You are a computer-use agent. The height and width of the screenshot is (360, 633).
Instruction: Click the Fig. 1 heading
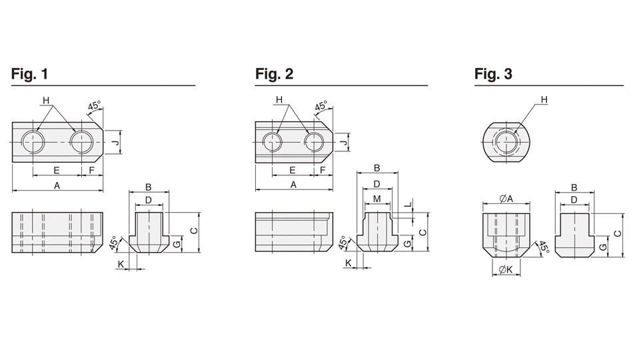(x=29, y=74)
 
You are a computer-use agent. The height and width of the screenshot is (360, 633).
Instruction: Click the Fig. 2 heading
(x=274, y=74)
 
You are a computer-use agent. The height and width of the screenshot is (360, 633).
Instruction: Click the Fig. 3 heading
(x=493, y=74)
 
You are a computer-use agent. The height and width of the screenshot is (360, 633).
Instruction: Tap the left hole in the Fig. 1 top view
(x=33, y=141)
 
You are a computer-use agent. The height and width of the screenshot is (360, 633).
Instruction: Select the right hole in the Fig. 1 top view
(x=82, y=141)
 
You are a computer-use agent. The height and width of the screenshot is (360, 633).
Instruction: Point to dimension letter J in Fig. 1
(x=115, y=142)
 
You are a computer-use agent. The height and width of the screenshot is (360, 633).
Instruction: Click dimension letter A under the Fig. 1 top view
(x=57, y=186)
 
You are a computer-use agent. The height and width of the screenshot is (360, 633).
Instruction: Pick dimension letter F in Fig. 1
(x=91, y=171)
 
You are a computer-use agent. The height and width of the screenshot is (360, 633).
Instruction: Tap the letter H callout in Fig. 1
(x=46, y=101)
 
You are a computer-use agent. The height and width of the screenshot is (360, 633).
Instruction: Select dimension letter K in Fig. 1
(x=121, y=265)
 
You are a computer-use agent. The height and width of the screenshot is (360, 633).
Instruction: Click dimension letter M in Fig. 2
(x=377, y=199)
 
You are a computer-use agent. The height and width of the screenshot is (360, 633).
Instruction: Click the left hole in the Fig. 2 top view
(x=271, y=141)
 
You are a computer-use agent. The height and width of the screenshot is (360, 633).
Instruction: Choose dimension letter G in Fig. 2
(x=406, y=244)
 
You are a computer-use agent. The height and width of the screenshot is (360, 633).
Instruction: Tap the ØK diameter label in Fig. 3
(x=504, y=270)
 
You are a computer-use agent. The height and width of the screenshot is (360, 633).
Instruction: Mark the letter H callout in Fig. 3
(x=544, y=100)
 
